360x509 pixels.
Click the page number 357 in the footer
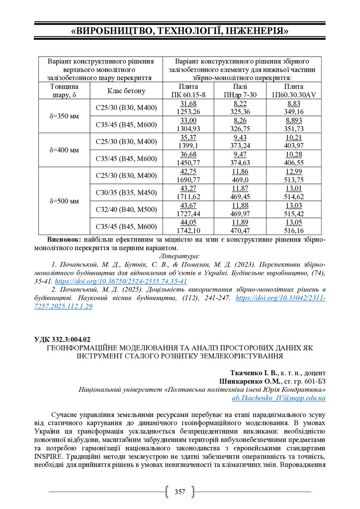(x=180, y=492)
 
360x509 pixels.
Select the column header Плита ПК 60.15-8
(x=188, y=90)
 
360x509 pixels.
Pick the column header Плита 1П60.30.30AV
(x=293, y=90)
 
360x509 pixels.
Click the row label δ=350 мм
(x=64, y=116)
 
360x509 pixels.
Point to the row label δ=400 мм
(x=64, y=150)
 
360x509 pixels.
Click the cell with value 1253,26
(x=188, y=111)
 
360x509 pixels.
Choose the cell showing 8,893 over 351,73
(x=293, y=124)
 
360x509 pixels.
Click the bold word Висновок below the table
(x=67, y=239)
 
